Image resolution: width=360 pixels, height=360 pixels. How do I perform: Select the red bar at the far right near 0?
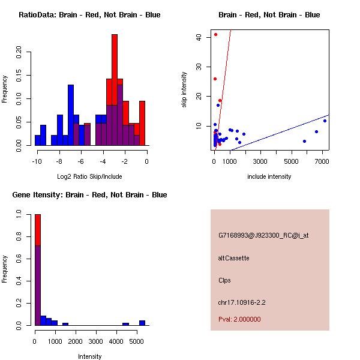(x=142, y=123)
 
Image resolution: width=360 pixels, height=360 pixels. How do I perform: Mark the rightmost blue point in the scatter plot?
(x=325, y=121)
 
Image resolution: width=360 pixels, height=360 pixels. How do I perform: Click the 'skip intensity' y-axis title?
(x=184, y=89)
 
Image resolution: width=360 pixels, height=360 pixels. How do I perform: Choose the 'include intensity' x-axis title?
(x=269, y=176)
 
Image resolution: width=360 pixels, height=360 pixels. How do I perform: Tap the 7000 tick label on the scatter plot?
(x=322, y=161)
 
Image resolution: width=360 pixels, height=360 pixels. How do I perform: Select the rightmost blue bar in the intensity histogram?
(x=142, y=322)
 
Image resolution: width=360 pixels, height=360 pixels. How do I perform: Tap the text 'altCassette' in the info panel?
(x=233, y=258)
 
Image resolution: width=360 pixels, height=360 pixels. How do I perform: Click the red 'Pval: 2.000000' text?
(x=239, y=319)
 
